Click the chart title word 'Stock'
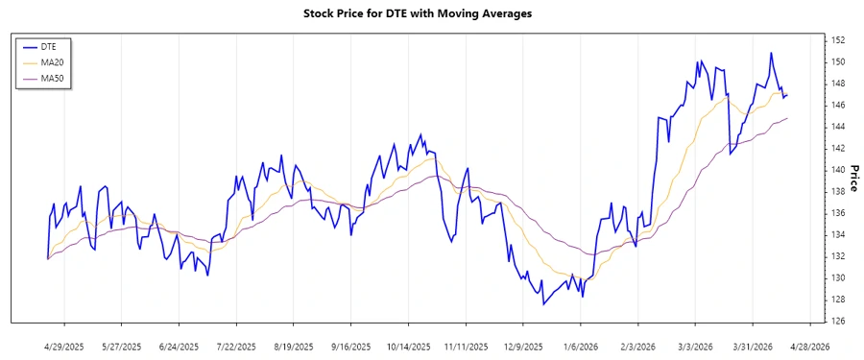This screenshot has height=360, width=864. tap(322, 13)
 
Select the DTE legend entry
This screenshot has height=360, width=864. tap(49, 46)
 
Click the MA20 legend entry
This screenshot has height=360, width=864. tap(52, 62)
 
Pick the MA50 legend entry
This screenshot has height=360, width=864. tap(52, 78)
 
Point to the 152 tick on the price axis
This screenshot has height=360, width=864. tap(837, 40)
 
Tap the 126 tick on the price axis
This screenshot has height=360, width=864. tap(837, 322)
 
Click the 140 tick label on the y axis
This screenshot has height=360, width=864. tap(837, 170)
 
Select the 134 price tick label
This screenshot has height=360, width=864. tap(837, 235)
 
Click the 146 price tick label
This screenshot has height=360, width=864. tap(837, 105)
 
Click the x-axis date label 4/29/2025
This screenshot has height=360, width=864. tap(64, 347)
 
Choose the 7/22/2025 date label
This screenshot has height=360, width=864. tap(236, 347)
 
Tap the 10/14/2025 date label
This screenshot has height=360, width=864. tap(408, 347)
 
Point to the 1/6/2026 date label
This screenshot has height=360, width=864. tap(580, 347)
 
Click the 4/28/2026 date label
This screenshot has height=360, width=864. tap(809, 347)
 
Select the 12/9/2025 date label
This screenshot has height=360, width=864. tap(523, 347)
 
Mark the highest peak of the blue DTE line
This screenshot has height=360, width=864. tap(770, 53)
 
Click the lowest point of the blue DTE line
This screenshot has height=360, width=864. tap(543, 304)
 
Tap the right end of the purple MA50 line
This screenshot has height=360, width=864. tap(787, 118)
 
